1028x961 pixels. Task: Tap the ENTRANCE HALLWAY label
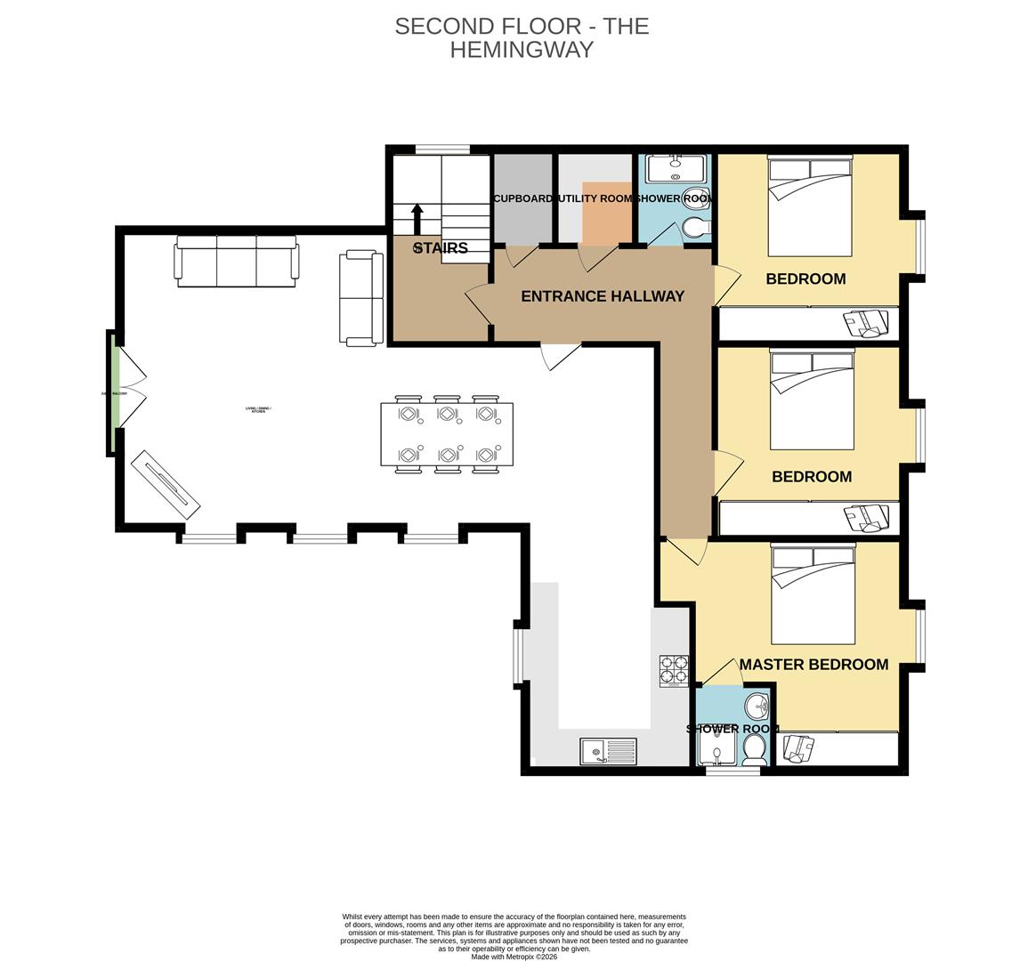602,296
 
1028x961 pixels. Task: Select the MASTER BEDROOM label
813,665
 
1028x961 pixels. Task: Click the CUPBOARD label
523,198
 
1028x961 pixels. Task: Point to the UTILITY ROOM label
594,198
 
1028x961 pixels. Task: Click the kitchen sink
609,752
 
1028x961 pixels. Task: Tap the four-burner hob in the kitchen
674,671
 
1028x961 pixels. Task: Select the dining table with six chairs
447,434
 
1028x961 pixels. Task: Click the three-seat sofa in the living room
238,261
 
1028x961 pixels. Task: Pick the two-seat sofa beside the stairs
360,298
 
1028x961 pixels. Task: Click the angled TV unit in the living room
166,485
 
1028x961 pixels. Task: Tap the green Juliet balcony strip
114,393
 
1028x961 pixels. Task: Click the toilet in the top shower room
695,229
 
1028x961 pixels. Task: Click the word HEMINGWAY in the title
522,50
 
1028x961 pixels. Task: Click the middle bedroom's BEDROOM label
811,477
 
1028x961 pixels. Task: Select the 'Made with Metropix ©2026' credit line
514,957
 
